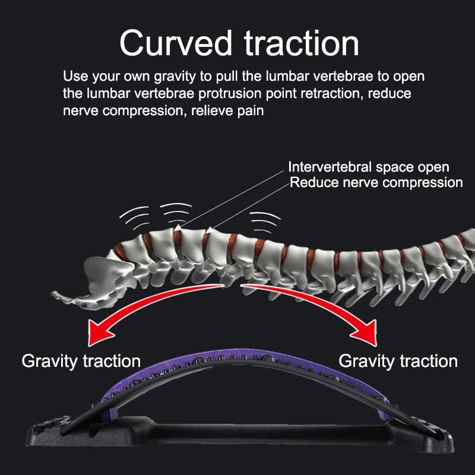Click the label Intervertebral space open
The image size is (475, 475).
point(368,167)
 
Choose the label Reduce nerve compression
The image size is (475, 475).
point(376,182)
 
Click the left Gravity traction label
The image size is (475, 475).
point(81,360)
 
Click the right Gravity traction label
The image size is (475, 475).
point(398,360)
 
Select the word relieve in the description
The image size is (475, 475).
point(215,110)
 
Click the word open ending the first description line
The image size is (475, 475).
point(410,77)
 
